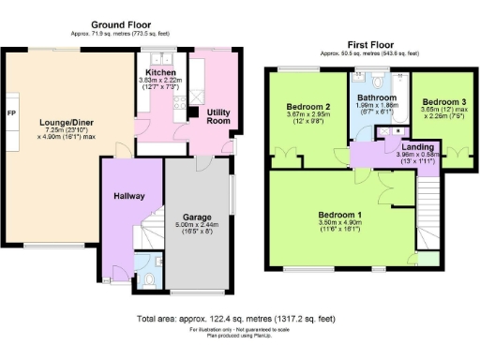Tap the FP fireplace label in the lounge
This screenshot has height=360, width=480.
click(x=11, y=113)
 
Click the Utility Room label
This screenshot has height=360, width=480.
click(x=219, y=116)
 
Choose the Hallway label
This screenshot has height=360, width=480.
click(x=128, y=196)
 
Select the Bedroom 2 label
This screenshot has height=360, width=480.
click(x=308, y=107)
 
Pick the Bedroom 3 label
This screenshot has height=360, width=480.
click(x=442, y=101)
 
